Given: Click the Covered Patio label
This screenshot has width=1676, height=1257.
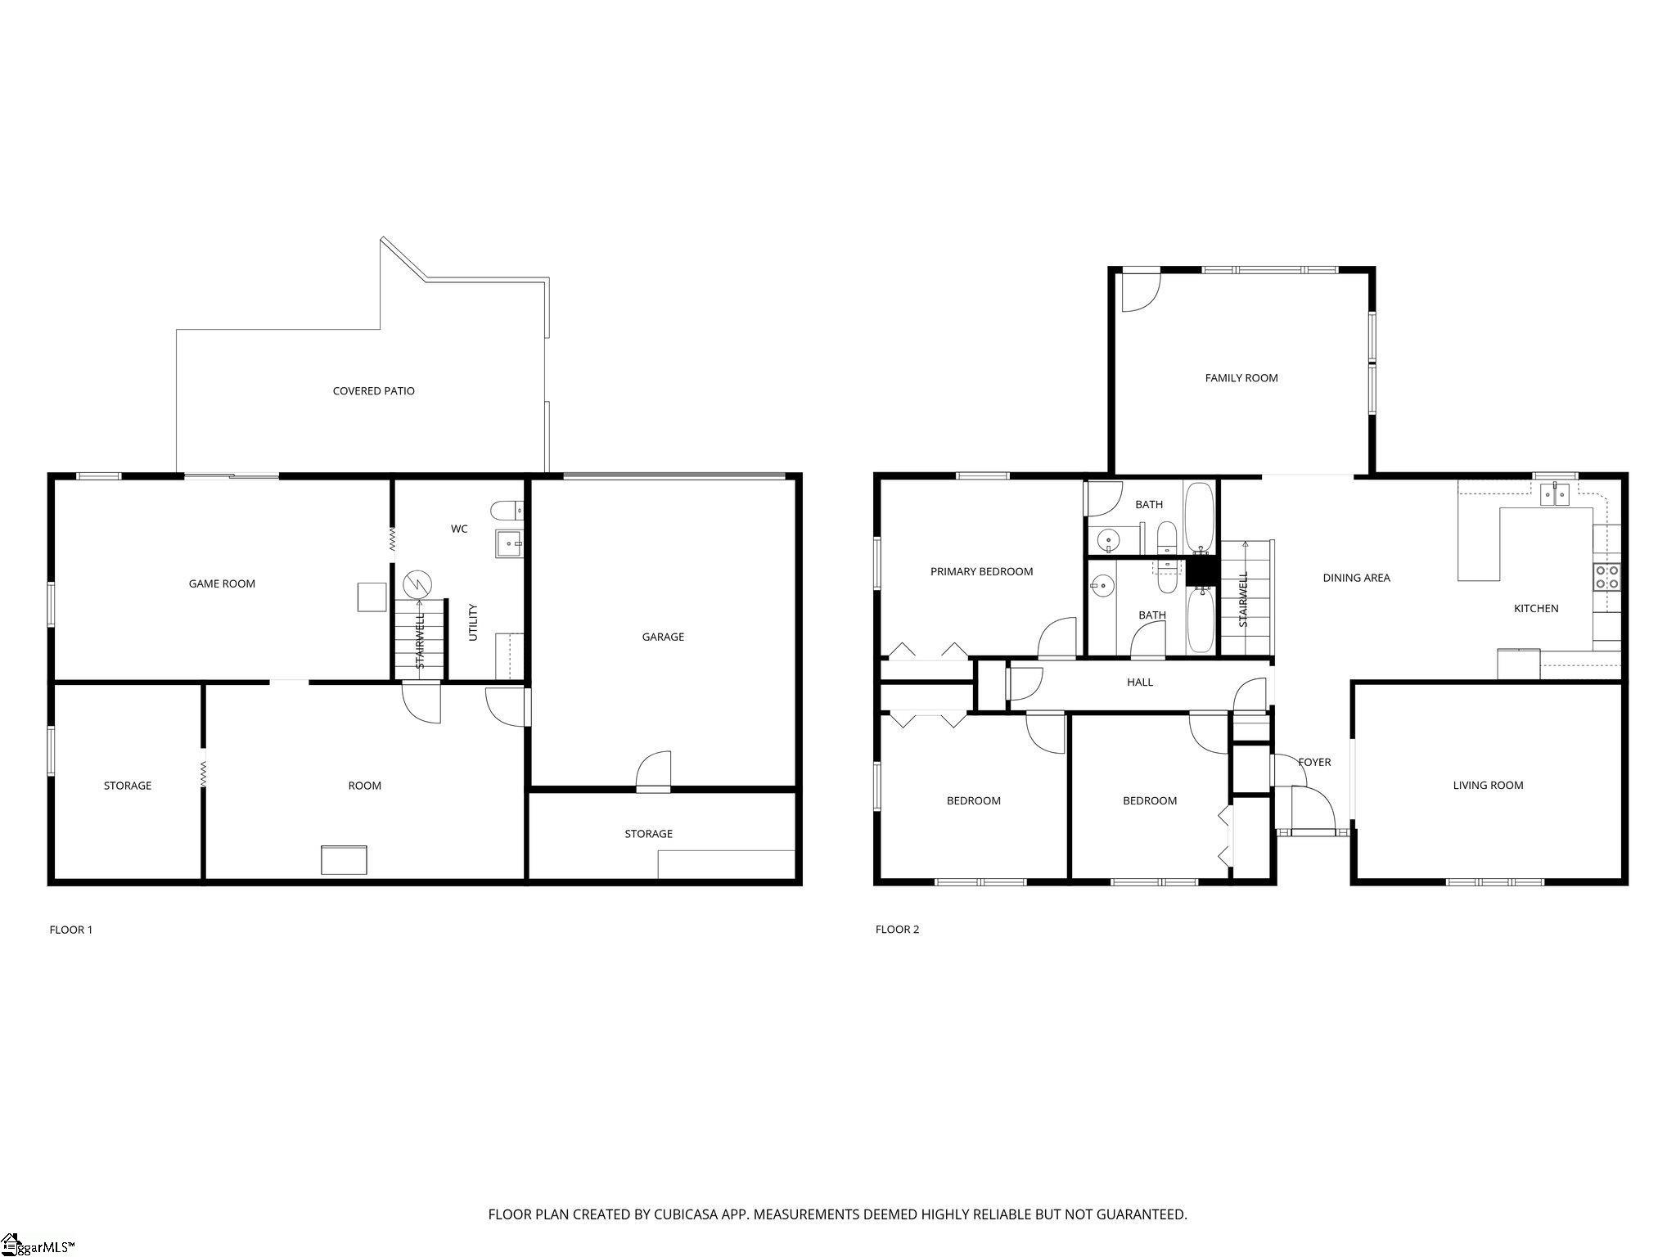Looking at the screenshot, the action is pos(373,391).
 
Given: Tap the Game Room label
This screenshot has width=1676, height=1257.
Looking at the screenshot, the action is pos(222,584).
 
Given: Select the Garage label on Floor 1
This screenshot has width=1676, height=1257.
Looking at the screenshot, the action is pos(663,637).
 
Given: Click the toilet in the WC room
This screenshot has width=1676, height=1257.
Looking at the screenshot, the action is pos(507,511).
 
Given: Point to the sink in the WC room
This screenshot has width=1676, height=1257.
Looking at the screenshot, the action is pos(509,543).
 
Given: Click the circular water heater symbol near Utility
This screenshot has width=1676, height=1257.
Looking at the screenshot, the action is pos(417,583).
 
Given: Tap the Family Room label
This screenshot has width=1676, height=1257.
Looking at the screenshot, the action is pos(1241,378).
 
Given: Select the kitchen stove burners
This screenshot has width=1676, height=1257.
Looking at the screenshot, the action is pos(1606,577).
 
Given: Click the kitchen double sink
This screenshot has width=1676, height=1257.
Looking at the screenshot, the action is pos(1555,495).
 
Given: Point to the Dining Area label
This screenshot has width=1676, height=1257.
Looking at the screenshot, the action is pos(1356,578).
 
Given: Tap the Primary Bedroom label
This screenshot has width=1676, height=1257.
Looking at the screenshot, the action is pos(981,572).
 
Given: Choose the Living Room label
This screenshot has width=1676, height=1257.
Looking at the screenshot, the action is pos(1488,786).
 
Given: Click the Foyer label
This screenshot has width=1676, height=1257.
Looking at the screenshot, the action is pos(1314,763).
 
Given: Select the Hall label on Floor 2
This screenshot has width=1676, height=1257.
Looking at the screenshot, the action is pos(1140,683).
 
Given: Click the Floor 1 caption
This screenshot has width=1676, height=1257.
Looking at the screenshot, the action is pos(71,930).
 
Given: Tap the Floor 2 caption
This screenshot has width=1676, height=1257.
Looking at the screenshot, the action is pos(897,930).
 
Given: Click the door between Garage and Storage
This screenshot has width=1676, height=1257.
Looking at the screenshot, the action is pos(654,773).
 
